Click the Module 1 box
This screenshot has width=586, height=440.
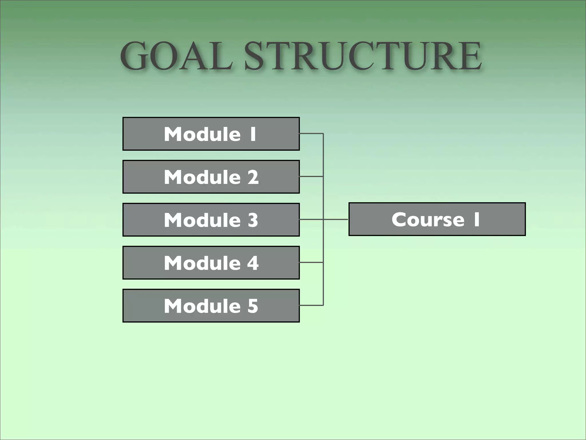[x=211, y=134]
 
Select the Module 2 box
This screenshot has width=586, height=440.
[x=211, y=177]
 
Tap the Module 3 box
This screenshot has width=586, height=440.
[x=211, y=220]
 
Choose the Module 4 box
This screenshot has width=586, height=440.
[x=211, y=263]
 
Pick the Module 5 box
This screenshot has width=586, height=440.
[x=211, y=306]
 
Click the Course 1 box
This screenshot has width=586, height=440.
[x=437, y=219]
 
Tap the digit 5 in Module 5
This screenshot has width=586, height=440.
[x=253, y=306]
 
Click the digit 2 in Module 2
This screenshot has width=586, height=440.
[x=253, y=177]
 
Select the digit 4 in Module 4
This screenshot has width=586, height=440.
[x=253, y=263]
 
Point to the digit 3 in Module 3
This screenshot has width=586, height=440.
[x=253, y=220]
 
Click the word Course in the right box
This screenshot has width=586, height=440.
[x=428, y=219]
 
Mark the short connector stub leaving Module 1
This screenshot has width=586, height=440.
[x=311, y=133]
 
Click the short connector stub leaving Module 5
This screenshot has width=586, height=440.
[x=311, y=305]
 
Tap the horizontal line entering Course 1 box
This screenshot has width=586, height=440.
[x=336, y=219]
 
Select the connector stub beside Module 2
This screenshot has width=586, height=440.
[x=311, y=176]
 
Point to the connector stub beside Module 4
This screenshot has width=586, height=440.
[x=311, y=262]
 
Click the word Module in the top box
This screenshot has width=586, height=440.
[x=202, y=134]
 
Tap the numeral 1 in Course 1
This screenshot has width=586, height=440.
[x=476, y=219]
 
